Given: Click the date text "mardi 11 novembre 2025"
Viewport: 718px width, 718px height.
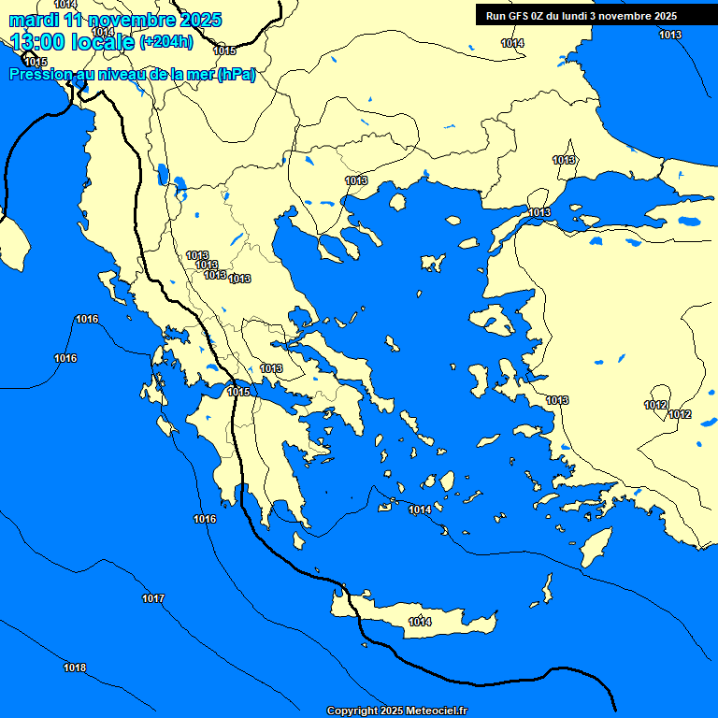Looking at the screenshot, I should tap(116, 20).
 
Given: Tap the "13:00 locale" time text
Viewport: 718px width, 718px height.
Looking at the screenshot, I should tap(73, 41).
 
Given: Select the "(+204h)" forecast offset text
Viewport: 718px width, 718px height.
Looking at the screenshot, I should tap(166, 42).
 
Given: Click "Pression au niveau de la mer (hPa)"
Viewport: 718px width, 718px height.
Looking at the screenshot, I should tap(132, 75).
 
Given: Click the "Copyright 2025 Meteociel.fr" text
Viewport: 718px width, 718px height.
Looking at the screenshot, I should tap(396, 711).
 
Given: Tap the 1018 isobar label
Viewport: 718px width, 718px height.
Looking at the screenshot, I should tap(75, 668).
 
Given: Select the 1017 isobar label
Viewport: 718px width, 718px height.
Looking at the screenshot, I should tap(153, 598).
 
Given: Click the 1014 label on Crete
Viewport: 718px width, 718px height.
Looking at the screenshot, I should tap(420, 622).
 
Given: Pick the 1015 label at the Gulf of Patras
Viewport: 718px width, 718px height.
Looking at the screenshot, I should tap(238, 392).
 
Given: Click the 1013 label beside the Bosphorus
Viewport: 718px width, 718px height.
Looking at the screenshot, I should tap(539, 213).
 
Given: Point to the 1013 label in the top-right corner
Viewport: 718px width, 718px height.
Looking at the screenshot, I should tap(669, 35).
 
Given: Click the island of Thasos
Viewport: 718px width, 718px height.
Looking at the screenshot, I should tap(397, 202).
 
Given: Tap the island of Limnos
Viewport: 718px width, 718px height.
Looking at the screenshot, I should tap(432, 263).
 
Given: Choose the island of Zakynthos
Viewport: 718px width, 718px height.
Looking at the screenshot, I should tap(166, 425).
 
